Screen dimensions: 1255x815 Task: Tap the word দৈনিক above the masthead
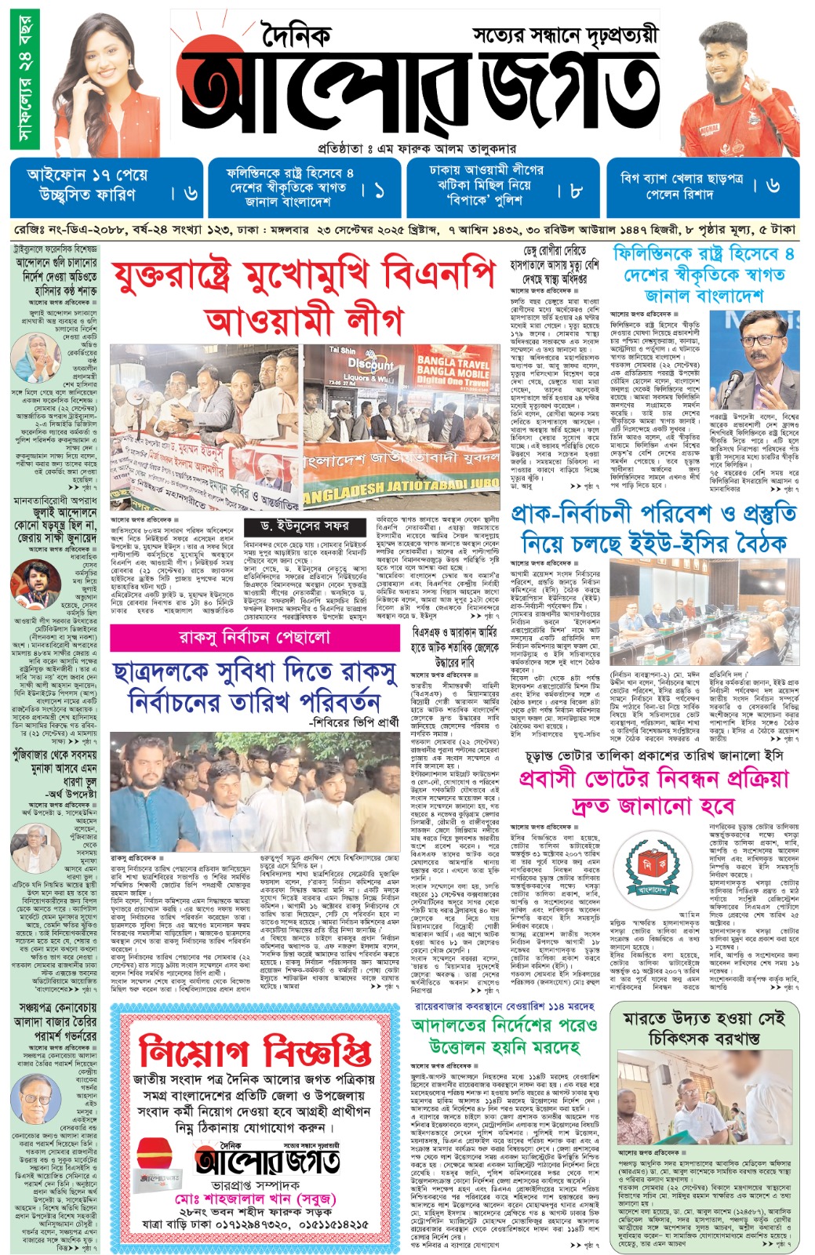[x=297, y=35]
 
